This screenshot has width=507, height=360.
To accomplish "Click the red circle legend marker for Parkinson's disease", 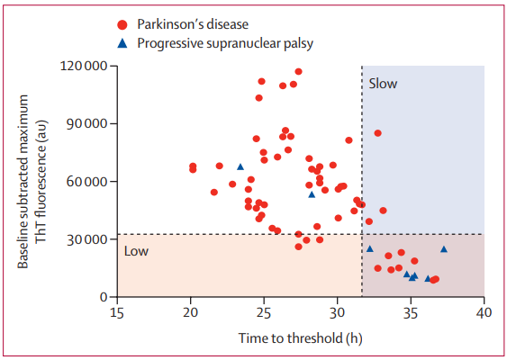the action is (x=122, y=25).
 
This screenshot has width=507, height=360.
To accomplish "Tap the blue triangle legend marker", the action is (x=122, y=43).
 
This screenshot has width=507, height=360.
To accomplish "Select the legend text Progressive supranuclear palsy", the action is (x=225, y=43).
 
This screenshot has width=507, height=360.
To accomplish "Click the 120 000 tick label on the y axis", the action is (x=84, y=66).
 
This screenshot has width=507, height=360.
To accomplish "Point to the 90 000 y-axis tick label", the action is (x=86, y=124).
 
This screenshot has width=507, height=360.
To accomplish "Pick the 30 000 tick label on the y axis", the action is (x=86, y=239).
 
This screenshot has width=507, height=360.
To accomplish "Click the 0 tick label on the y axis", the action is (x=104, y=297).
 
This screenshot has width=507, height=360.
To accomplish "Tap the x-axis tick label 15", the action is (x=117, y=313).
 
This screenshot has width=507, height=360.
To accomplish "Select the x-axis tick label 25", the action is (x=264, y=313).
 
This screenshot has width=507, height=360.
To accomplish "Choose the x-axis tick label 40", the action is (x=484, y=313).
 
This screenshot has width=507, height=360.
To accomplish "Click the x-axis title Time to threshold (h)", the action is (x=301, y=338).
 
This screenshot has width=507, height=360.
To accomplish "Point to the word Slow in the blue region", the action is (x=383, y=84).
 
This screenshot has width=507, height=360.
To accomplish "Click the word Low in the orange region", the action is (x=137, y=251).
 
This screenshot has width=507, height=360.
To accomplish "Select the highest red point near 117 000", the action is (x=298, y=71).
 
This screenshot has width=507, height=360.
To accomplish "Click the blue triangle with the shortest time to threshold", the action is (x=240, y=166).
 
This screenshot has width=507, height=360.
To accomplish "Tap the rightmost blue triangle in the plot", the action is (x=444, y=248).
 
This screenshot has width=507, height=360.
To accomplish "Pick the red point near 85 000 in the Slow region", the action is (x=377, y=133).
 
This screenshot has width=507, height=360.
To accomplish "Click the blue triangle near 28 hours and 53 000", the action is (x=312, y=194).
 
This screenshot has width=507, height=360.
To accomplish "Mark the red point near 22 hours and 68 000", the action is (x=219, y=166).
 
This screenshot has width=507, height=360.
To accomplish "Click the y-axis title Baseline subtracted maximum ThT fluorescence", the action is (x=32, y=182).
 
